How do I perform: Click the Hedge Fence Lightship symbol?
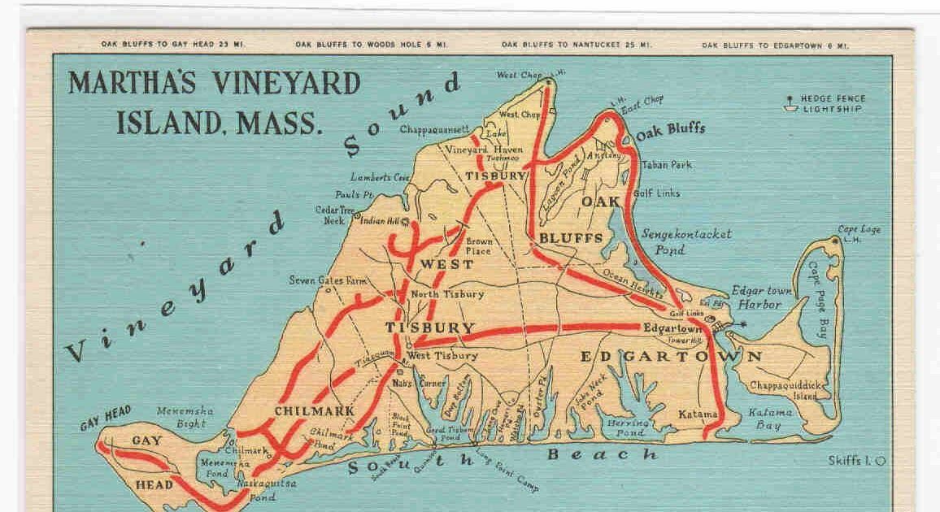coord(788,103)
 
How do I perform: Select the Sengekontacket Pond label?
coord(686,241)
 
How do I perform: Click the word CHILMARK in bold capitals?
coord(315,411)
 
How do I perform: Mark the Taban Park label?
coord(667,165)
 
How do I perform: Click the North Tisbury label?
coord(447,294)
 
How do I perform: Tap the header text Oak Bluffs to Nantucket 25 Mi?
coord(560,45)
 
